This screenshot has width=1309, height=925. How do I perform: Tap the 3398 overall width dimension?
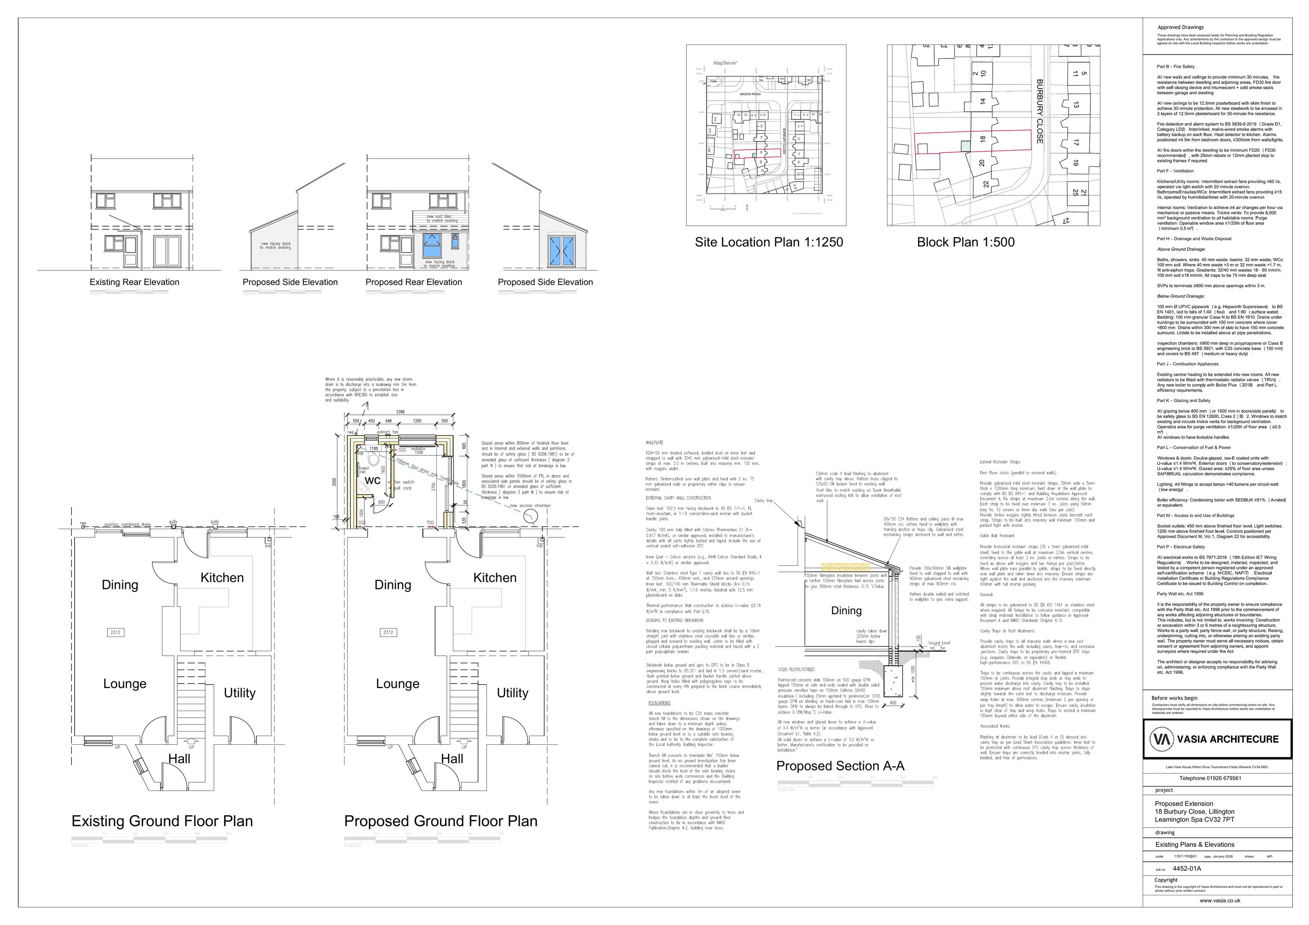[400, 412]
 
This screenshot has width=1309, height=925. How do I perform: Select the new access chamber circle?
[530, 517]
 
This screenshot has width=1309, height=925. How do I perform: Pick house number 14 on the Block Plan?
[982, 101]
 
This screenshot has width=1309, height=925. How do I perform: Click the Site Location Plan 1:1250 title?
[768, 242]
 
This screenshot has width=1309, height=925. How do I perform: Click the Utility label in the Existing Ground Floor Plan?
[240, 693]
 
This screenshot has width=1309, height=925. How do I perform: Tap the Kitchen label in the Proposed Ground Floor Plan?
[494, 578]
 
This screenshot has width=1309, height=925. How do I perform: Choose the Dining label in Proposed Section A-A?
[846, 611]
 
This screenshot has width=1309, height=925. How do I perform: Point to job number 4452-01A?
[1186, 869]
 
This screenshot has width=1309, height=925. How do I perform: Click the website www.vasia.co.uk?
[1220, 901]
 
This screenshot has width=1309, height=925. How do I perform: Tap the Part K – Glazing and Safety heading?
[1183, 400]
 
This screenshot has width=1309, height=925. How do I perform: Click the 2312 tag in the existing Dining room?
[116, 632]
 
